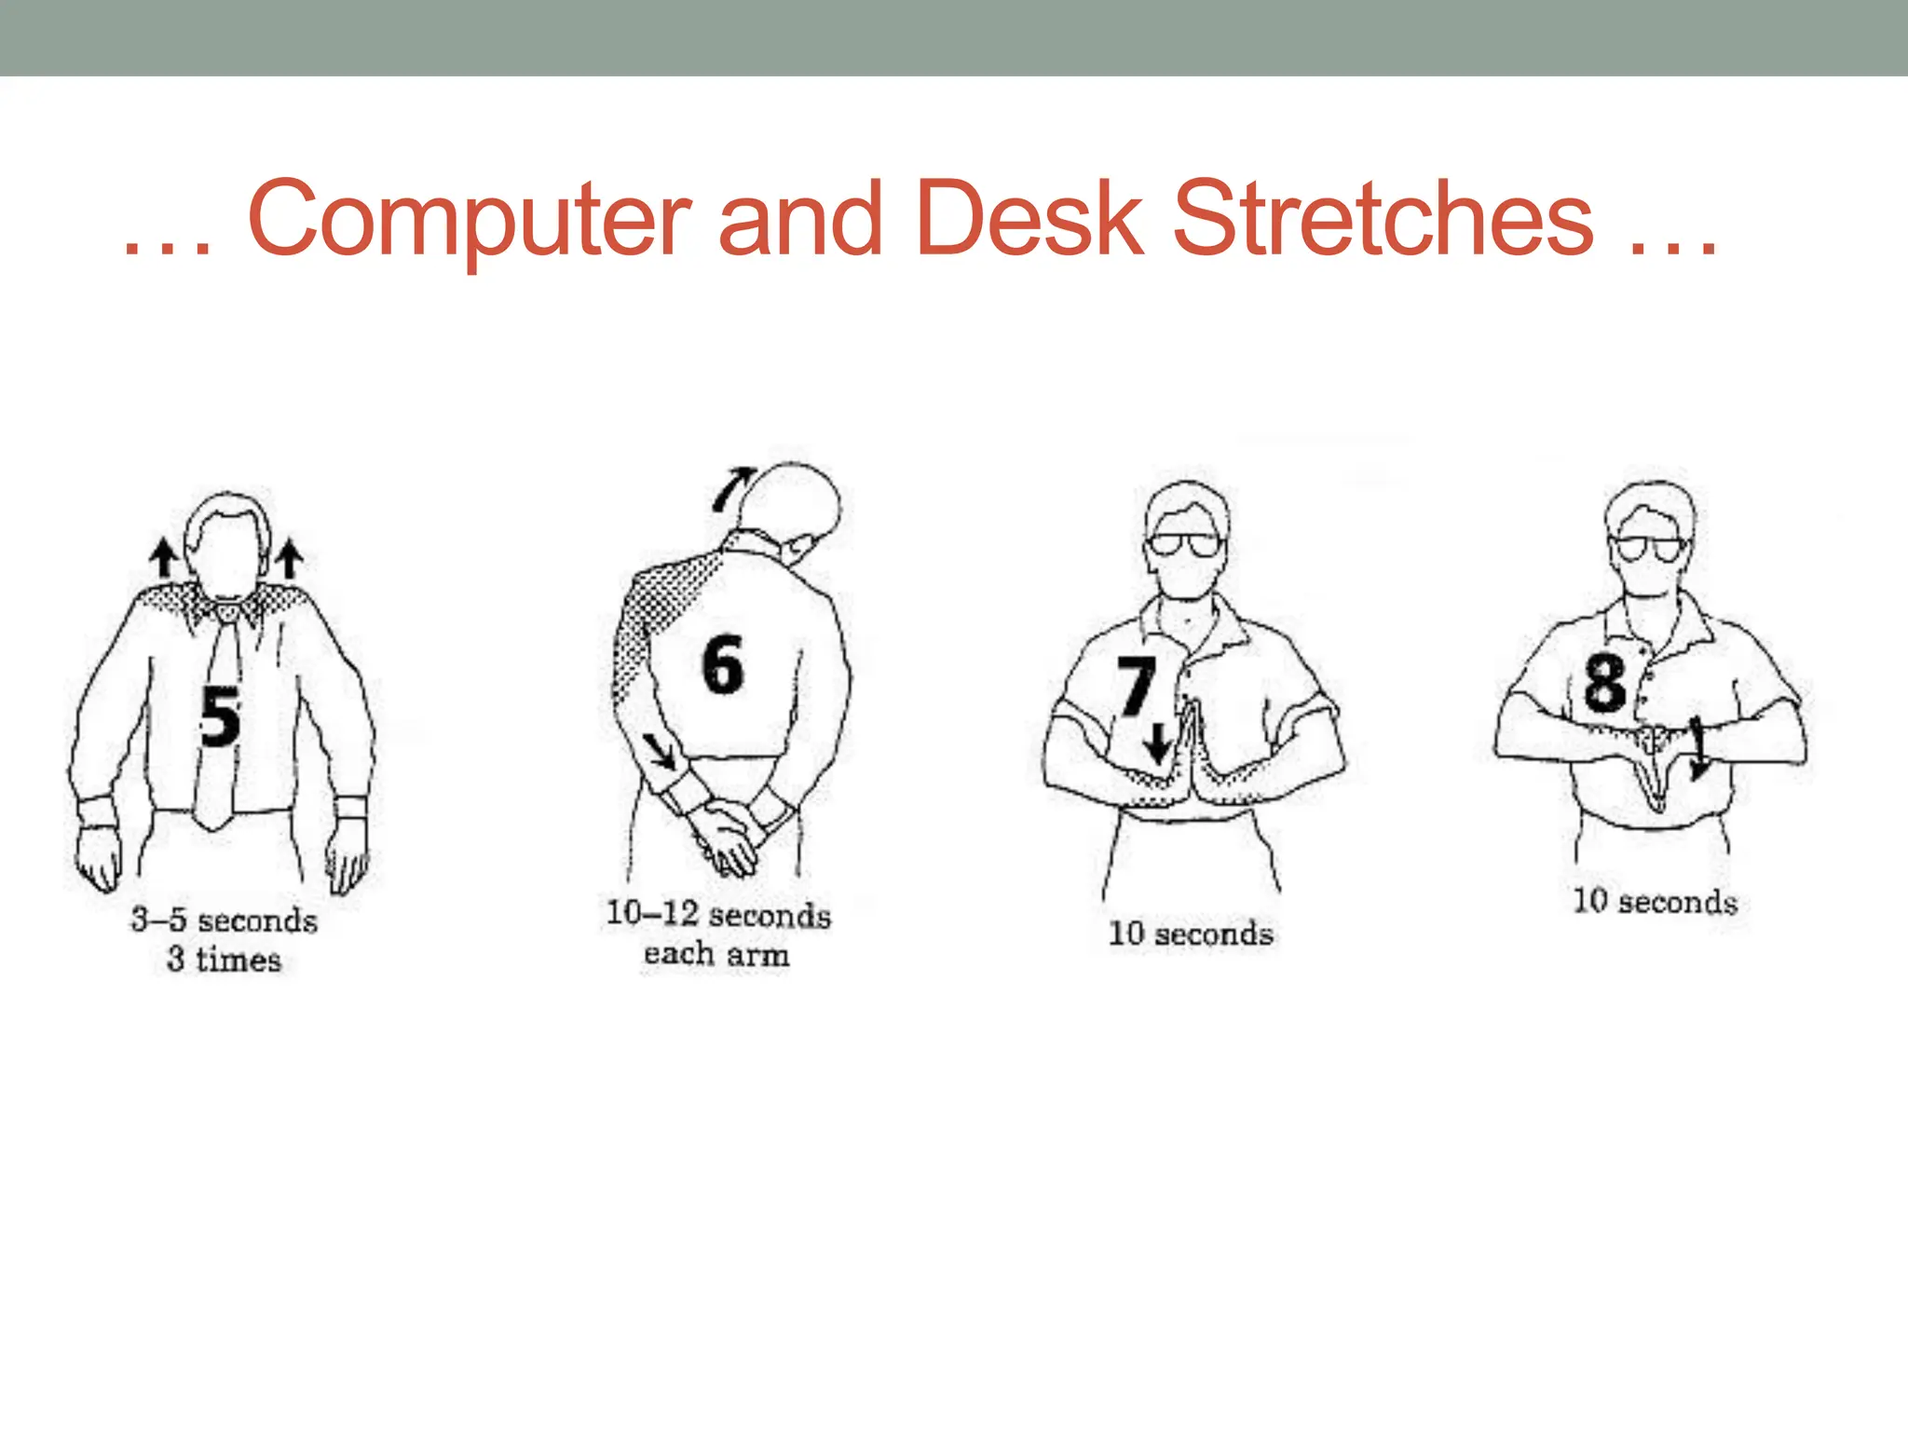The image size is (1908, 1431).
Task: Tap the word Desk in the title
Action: (x=1029, y=218)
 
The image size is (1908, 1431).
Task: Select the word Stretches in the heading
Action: (x=1383, y=218)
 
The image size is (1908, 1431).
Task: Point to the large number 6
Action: (x=723, y=665)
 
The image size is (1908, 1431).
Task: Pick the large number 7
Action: (x=1137, y=686)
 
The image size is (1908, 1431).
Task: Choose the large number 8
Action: (x=1604, y=682)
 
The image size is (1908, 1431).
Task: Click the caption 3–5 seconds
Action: (x=224, y=920)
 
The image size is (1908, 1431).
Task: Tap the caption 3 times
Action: (x=224, y=960)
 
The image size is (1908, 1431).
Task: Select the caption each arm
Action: (x=715, y=954)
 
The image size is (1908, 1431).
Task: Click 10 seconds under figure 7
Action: (x=1190, y=934)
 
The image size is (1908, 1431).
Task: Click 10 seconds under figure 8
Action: (x=1655, y=902)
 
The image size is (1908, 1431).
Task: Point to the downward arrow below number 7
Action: (x=1158, y=743)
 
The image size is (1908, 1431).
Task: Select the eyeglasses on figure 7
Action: (x=1184, y=544)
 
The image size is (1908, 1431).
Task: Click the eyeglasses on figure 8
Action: (x=1650, y=548)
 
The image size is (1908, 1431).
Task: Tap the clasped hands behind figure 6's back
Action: (x=727, y=835)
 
